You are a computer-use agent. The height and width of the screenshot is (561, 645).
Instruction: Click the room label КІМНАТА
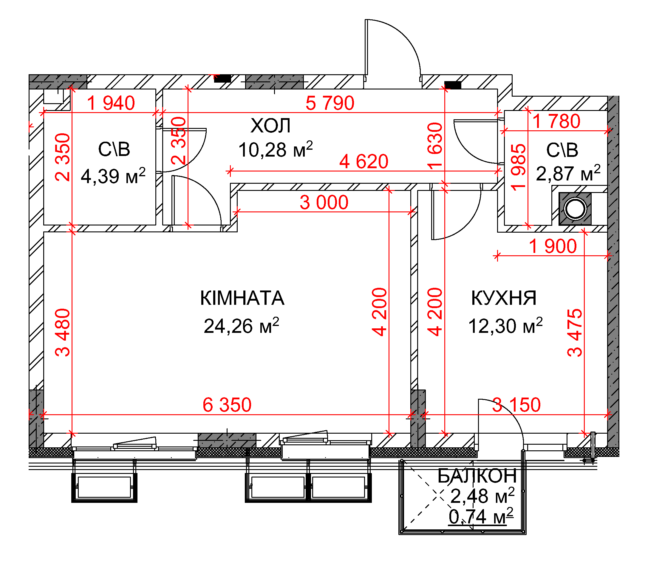tap(242, 298)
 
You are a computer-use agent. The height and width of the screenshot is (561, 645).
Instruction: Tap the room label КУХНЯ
tap(504, 298)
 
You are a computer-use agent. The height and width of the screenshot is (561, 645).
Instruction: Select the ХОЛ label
tap(271, 126)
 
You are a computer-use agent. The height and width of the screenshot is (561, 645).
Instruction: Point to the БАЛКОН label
tap(477, 476)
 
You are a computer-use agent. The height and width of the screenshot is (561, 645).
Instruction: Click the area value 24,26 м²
tap(241, 326)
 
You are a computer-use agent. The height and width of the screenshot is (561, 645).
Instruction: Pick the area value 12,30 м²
tap(505, 326)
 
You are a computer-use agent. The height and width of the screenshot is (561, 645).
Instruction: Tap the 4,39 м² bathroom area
tap(113, 176)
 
